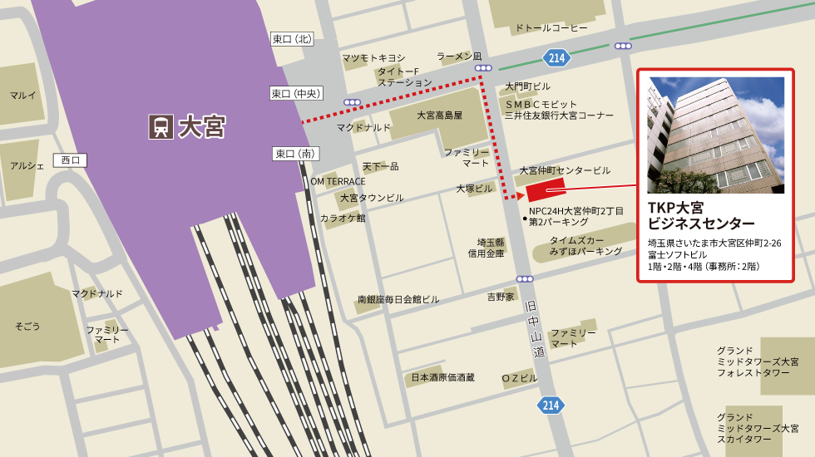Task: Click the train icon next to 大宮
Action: pos(161,126)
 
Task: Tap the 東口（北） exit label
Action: pos(292,39)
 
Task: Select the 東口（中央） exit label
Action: pos(296,93)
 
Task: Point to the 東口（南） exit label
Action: pos(296,153)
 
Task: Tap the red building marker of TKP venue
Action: pos(545,189)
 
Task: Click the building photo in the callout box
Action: pos(715,135)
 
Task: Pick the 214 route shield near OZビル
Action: pos(551,405)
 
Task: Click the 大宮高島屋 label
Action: pos(439,115)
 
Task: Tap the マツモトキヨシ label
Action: pos(373,57)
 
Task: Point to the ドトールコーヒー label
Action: pos(551,28)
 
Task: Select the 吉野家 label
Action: pos(501,297)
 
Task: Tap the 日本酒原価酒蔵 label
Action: pos(442,377)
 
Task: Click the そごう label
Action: pos(27,327)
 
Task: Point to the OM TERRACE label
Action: pos(338,181)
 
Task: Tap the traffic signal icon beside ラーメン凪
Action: pos(482,67)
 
